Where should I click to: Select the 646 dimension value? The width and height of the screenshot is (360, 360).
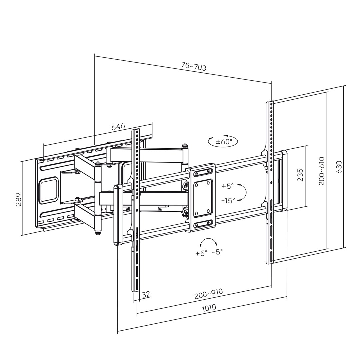118,127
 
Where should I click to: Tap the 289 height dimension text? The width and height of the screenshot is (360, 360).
18,199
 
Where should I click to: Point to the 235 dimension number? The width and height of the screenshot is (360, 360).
300,175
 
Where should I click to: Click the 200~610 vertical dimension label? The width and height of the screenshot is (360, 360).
321,171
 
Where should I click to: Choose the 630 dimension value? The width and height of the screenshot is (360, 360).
339,167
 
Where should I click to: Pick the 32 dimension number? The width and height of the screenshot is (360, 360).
146,294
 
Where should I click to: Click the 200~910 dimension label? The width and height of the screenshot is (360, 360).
209,294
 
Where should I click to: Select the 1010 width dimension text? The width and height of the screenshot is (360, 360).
209,308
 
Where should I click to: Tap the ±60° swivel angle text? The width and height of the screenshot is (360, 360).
224,142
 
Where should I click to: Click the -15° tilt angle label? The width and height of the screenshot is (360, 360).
228,200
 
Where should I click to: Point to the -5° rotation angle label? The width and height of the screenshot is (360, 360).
217,252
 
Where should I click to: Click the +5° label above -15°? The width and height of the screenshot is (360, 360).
228,186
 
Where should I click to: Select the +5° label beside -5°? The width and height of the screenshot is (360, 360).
201,253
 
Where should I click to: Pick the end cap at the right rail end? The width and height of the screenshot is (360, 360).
283,181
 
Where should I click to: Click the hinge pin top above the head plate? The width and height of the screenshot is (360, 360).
184,146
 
